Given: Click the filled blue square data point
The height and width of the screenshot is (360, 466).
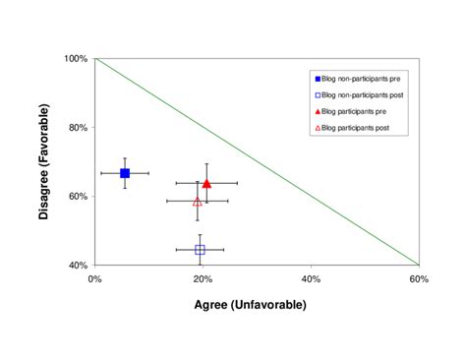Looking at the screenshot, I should (x=125, y=173).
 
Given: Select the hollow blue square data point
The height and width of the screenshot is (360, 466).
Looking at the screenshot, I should (x=200, y=250).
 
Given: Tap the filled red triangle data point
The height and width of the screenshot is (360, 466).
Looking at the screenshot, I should (x=206, y=184).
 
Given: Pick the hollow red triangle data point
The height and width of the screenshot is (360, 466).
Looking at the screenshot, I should (x=197, y=202).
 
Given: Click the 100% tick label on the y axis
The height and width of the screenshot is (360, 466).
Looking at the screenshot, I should (x=76, y=59).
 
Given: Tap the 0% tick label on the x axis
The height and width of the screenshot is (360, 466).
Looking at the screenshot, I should (x=94, y=279).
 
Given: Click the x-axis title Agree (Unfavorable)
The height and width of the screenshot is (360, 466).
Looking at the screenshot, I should (x=257, y=305).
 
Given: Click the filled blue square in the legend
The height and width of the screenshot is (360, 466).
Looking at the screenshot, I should (x=318, y=78).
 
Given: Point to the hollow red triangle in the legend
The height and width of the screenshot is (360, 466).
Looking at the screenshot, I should (x=318, y=130).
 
